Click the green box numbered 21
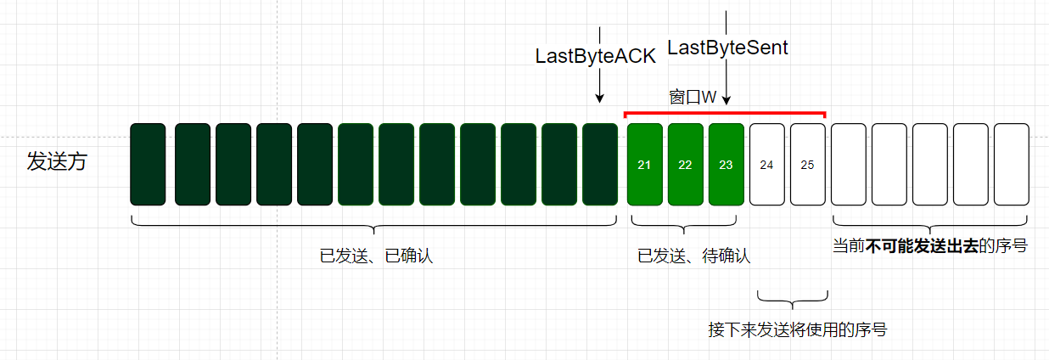point(644,165)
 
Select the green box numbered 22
point(685,165)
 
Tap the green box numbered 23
point(726,165)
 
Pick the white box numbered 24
point(766,165)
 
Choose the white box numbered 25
point(807,165)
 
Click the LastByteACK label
point(595,57)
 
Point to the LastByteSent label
point(727,48)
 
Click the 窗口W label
point(693,98)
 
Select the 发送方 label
point(57,161)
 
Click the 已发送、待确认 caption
point(693,255)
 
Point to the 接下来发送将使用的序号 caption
point(797,329)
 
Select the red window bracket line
point(725,113)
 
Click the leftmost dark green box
point(148,165)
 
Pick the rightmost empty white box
point(1011,165)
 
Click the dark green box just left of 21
point(600,165)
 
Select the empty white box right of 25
point(848,165)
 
